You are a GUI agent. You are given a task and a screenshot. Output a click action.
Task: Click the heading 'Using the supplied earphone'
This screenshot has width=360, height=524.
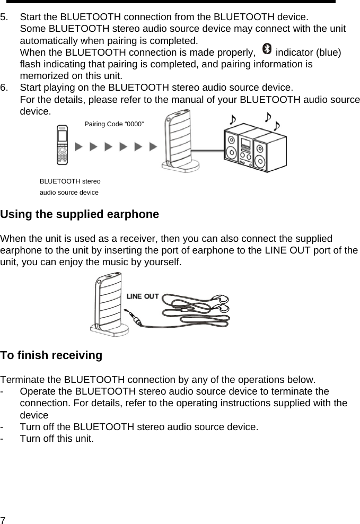pyautogui.click(x=80, y=215)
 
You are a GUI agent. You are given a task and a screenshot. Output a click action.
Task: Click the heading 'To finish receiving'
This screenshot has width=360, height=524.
pyautogui.click(x=51, y=355)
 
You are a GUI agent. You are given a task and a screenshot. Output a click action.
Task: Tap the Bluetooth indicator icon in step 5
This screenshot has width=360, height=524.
pyautogui.click(x=266, y=50)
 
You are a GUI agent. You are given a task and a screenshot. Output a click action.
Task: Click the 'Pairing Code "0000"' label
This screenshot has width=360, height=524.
pyautogui.click(x=114, y=124)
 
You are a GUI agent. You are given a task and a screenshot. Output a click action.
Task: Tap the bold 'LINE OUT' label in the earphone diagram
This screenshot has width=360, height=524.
pyautogui.click(x=142, y=296)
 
